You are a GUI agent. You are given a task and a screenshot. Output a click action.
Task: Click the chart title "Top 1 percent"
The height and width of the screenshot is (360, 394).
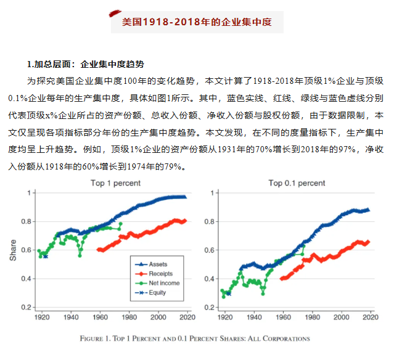tap(115, 183)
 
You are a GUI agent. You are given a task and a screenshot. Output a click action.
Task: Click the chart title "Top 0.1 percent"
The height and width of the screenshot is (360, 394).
tap(297, 183)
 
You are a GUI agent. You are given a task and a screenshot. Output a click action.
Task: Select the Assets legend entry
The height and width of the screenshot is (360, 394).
tap(157, 264)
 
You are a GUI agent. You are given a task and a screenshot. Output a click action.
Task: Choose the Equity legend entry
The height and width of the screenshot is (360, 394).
tap(157, 292)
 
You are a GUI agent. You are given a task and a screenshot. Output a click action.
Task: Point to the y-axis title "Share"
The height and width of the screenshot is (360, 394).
tap(13, 250)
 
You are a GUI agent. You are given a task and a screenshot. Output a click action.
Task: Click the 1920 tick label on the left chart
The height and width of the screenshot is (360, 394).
tap(43, 317)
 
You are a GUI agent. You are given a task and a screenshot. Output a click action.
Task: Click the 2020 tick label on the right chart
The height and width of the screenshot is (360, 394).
tap(370, 317)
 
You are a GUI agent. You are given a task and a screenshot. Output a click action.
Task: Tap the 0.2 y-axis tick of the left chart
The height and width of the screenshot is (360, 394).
tap(26, 307)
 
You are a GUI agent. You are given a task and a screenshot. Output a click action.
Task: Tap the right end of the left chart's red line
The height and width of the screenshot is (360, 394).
tap(185, 220)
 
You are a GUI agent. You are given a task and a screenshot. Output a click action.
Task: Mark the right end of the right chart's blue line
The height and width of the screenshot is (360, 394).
tap(369, 210)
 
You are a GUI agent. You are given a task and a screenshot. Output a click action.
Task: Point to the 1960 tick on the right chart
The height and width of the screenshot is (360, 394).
tap(283, 317)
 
